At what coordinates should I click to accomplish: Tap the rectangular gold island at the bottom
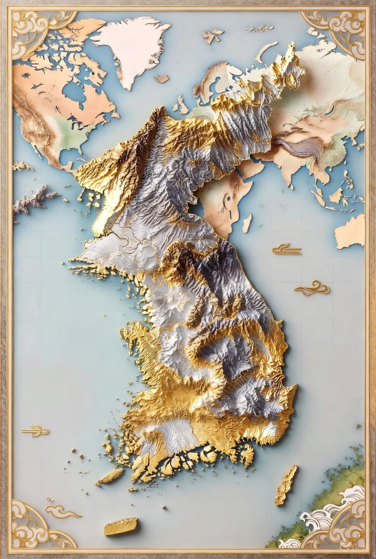point(120,526)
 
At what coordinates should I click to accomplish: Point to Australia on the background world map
point(350,232)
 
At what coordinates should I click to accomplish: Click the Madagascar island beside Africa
point(247,223)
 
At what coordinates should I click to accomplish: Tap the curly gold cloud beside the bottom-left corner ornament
point(62,512)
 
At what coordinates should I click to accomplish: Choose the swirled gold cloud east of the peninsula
point(312,288)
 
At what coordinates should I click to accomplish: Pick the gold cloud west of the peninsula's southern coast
point(36,431)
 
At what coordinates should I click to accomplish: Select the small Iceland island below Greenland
point(162,78)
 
